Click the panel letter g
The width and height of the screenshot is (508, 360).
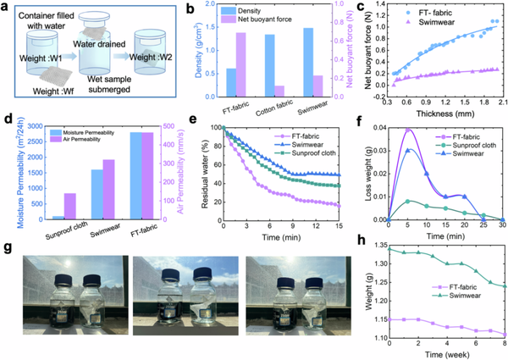click(x=7, y=252)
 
